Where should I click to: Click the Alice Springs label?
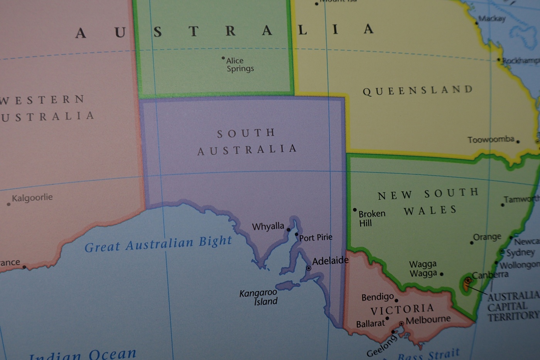coord(240,65)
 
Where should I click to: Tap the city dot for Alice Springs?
coord(223,58)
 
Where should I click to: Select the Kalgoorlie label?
coord(32,198)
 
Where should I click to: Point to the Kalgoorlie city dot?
coord(8,204)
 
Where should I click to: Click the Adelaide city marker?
coord(309,268)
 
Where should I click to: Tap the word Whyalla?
coord(268,226)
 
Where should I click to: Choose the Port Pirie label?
coord(316,237)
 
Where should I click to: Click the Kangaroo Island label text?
coord(258,297)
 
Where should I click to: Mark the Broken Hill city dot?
coord(355,210)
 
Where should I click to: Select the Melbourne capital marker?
coord(402,323)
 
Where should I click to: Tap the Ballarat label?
coord(370,324)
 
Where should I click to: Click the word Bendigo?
coord(378,297)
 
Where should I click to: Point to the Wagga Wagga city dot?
coord(442,274)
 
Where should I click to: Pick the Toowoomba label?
coord(491,139)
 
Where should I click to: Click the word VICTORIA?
coord(402,309)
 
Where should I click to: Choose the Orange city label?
coord(487,237)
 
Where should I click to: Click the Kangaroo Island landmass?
coord(288,286)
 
